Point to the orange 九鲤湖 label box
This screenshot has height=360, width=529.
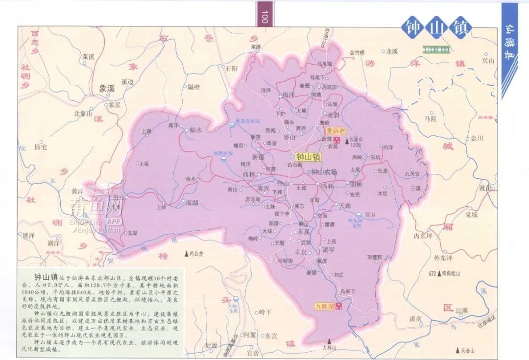(x=324, y=306)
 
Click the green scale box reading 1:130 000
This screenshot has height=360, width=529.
(x=437, y=49)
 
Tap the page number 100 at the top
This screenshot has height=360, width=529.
(x=264, y=17)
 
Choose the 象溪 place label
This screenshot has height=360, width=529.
(x=106, y=89)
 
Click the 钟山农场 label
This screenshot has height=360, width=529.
(x=325, y=172)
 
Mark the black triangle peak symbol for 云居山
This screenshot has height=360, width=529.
(x=348, y=142)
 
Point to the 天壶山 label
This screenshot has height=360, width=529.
(x=469, y=351)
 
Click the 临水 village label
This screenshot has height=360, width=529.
(x=196, y=130)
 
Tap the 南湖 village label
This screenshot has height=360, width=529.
(x=192, y=202)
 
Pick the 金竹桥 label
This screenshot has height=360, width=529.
(x=357, y=53)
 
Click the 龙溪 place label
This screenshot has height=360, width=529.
(x=391, y=51)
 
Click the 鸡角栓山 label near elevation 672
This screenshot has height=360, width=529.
(x=451, y=274)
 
